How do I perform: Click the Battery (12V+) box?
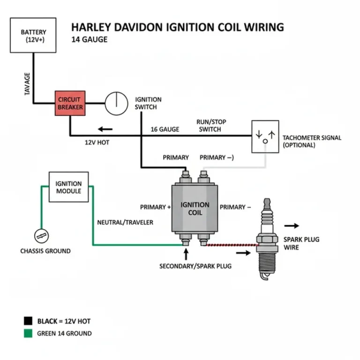33,35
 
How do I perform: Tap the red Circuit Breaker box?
70,103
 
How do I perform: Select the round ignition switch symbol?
116,103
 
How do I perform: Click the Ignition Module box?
68,187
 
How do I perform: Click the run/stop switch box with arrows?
265,136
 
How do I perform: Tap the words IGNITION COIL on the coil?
195,208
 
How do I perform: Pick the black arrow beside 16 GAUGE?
105,129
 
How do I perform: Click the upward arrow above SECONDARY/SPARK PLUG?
187,254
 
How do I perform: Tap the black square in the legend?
29,321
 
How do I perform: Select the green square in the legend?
29,333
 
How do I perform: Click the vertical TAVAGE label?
27,84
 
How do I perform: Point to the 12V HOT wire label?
97,142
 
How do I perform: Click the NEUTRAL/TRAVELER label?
125,222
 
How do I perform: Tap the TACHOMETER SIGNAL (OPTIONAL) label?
312,142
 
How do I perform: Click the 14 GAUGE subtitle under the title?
89,39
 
